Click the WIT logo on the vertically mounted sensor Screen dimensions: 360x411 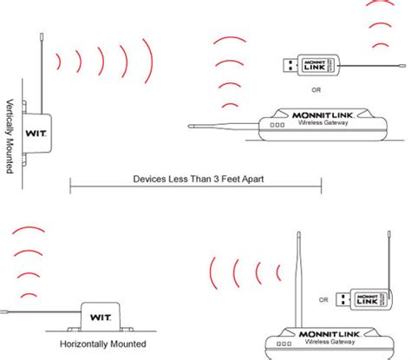click(35, 133)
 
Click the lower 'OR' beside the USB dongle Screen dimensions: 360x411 click(323, 300)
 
